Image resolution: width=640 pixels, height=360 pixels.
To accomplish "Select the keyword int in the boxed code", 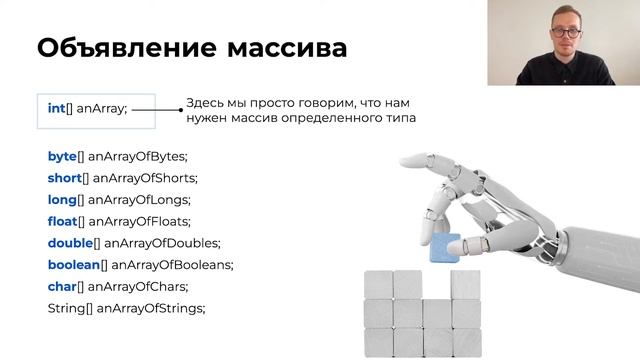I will [56, 108].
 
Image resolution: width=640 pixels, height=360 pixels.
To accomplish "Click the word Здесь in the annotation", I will [207, 103].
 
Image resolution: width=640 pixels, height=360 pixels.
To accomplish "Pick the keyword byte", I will [63, 156].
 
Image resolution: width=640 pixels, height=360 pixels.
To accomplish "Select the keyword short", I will [65, 178].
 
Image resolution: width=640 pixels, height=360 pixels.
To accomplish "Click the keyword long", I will [63, 200].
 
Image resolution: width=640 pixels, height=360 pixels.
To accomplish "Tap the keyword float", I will [63, 221].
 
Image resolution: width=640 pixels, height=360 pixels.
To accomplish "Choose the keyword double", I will [70, 243].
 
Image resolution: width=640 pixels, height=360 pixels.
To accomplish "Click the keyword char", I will [63, 286].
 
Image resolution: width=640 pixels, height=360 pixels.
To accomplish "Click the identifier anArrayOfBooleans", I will [172, 264].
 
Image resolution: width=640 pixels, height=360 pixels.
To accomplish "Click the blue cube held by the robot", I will [442, 248].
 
